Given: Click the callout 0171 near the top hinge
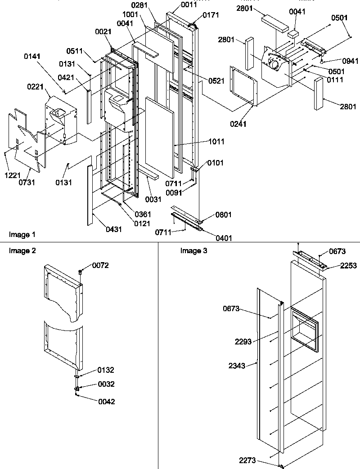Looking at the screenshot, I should coord(211,15).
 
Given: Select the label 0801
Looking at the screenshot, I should coord(211,215).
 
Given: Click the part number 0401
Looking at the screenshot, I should coord(211,238).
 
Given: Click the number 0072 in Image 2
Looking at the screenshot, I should coord(100,266).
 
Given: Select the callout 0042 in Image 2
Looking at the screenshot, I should coord(106,402).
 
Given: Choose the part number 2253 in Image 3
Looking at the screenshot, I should coord(348,266).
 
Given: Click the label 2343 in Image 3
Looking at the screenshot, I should coord(237,366).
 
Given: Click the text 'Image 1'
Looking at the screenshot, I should coord(22,234).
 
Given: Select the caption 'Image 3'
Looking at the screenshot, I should coord(193,251).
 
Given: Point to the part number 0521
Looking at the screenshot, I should coord(216,80).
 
